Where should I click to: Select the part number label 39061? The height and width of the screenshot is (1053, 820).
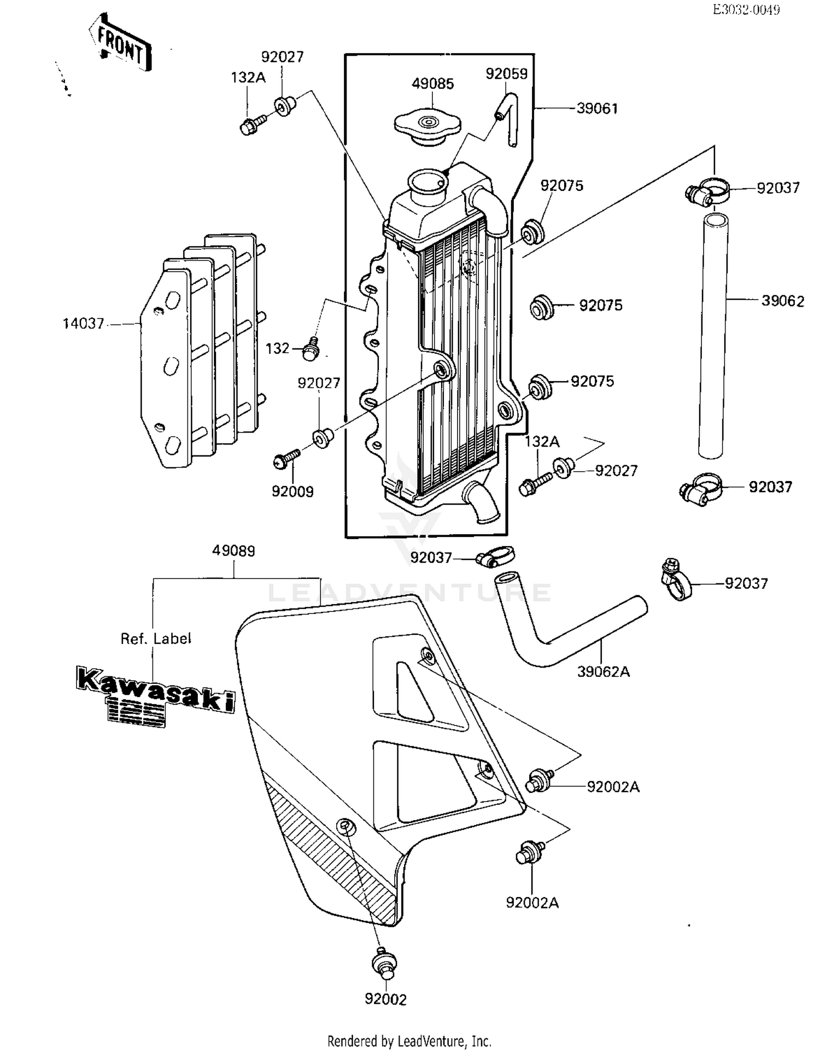(x=597, y=109)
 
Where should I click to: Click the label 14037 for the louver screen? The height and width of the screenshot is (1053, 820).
(x=83, y=324)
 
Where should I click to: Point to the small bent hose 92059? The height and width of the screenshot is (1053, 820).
(x=508, y=117)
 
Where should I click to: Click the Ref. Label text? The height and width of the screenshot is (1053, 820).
(x=156, y=639)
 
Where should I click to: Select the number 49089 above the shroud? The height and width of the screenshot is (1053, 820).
(x=233, y=551)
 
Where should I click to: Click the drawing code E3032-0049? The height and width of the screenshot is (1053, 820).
(x=746, y=9)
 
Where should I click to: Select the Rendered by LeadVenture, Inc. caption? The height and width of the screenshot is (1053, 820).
(x=409, y=1041)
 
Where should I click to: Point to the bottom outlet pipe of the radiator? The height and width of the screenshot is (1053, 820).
(x=481, y=502)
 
